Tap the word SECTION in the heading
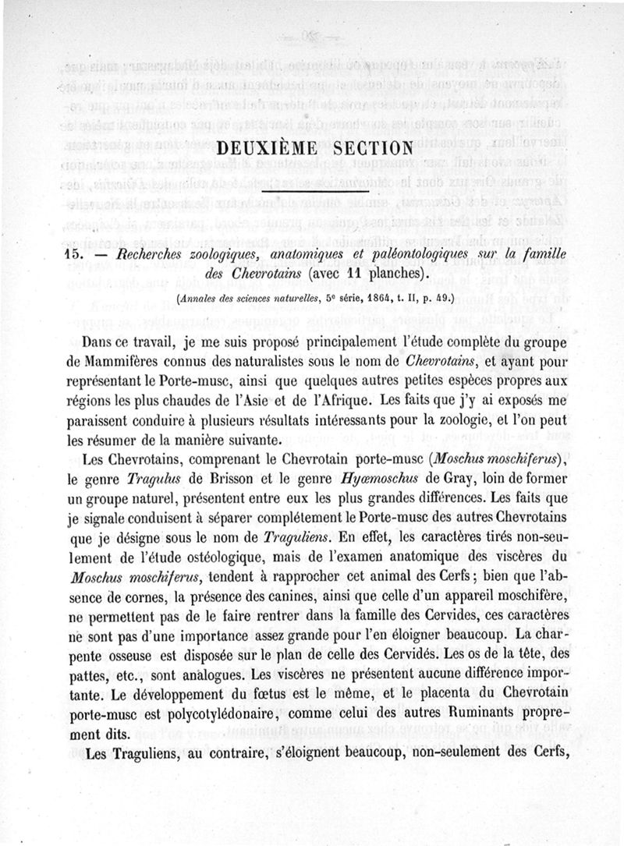pos(370,147)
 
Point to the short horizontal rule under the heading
pos(312,187)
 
